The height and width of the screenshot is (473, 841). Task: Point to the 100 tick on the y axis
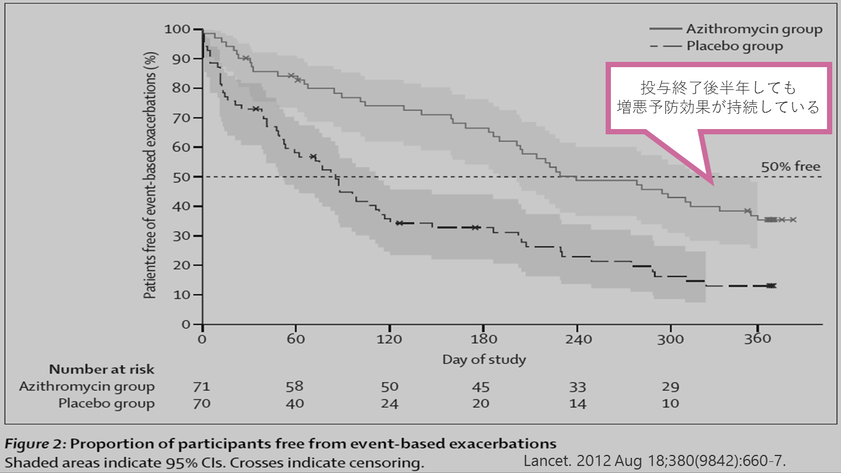tap(176, 29)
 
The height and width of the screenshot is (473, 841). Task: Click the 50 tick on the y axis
tap(181, 176)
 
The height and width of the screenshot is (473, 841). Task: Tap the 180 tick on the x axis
tap(484, 339)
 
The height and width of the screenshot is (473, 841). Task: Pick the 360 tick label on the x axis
tap(757, 339)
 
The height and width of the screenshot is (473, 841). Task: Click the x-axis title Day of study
tap(484, 359)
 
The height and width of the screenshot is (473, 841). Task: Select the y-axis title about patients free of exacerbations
tap(150, 175)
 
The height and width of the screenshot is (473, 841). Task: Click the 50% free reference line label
tap(790, 166)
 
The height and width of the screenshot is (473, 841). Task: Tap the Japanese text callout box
tap(718, 98)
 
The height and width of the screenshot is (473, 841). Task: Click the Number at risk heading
tap(102, 369)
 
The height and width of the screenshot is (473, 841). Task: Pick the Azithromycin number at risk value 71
tap(201, 387)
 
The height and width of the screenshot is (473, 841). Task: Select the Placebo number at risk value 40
tap(295, 404)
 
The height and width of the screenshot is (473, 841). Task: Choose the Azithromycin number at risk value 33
tap(577, 387)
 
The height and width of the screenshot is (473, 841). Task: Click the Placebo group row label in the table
tap(106, 404)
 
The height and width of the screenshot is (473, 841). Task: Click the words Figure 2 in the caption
tap(36, 443)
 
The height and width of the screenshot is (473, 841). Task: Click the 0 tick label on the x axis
tap(202, 339)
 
